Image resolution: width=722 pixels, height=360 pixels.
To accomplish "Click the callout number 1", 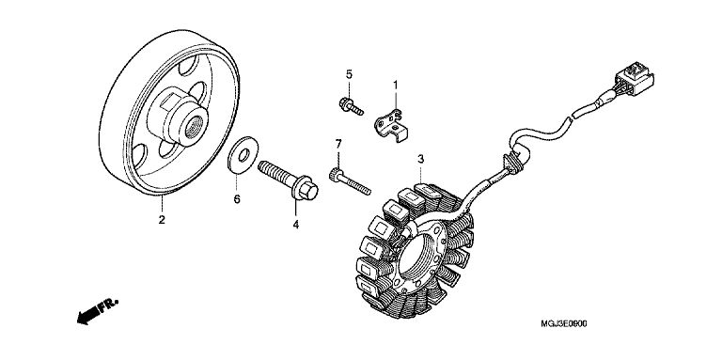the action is point(395,85).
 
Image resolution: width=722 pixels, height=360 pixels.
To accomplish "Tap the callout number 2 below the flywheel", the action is point(162,220).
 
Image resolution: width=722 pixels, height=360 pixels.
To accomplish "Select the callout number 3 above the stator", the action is point(420,159).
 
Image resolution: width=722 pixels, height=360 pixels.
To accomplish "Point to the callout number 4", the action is point(295,225).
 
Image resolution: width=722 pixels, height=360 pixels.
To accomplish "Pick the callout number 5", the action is point(349,74).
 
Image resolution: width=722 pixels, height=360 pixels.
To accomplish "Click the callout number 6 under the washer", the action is point(237,199).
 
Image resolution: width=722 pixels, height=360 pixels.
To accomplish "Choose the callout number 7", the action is point(338,144).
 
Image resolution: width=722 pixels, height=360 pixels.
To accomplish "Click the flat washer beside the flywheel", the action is point(243,155).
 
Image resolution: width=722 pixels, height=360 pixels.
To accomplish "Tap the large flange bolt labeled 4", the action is point(289,180).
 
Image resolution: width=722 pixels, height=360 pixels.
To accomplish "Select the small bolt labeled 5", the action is point(351,106).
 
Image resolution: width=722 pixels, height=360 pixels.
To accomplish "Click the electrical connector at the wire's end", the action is point(634,82).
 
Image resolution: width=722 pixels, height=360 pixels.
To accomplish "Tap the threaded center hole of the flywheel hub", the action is point(194,127).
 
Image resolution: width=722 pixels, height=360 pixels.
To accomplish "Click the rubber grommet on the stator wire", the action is point(511,164).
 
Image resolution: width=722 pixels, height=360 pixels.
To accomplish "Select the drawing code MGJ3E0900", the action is point(564,324).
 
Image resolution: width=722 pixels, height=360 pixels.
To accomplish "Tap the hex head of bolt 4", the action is point(306,190).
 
